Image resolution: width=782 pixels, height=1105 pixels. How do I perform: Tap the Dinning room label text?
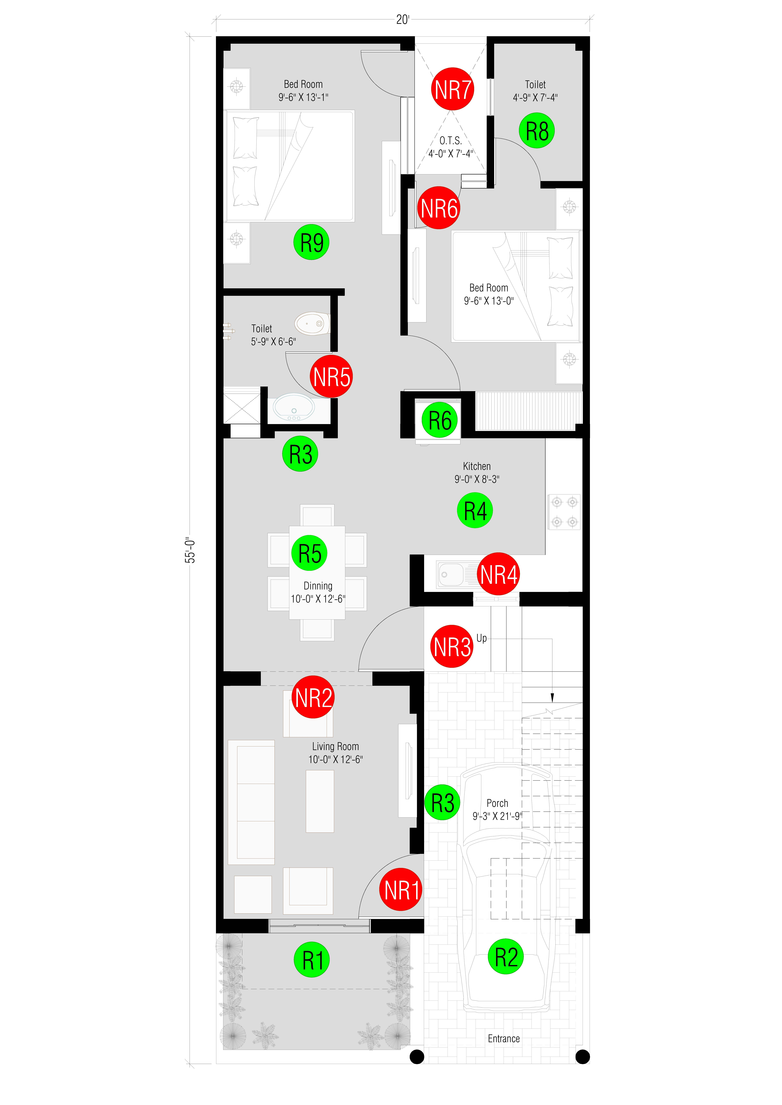pyautogui.click(x=318, y=586)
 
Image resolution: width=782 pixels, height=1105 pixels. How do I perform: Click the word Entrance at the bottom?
pyautogui.click(x=504, y=1039)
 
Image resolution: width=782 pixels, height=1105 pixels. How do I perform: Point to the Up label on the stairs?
pyautogui.click(x=482, y=638)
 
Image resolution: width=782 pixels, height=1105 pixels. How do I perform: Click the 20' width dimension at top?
pyautogui.click(x=403, y=20)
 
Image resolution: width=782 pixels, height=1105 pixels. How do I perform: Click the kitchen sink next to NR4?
pyautogui.click(x=451, y=574)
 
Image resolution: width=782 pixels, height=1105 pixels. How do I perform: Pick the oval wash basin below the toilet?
pyautogui.click(x=294, y=408)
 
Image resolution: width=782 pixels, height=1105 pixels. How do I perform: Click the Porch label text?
pyautogui.click(x=497, y=803)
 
